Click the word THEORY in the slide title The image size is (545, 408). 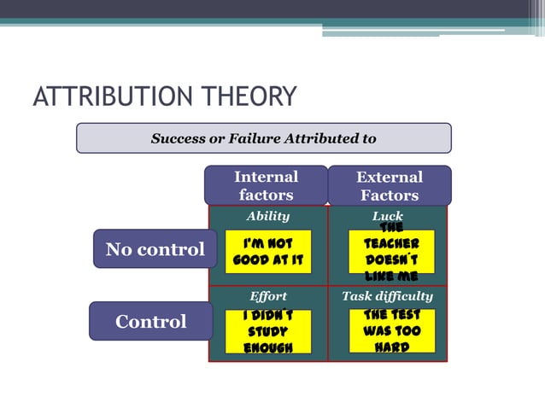(x=257, y=96)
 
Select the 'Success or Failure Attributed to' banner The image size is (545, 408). (x=263, y=138)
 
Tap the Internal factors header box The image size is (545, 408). (x=266, y=185)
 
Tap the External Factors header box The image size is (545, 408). (x=390, y=185)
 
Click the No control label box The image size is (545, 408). (x=155, y=249)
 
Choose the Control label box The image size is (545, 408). (x=150, y=322)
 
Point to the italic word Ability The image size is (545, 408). (x=268, y=217)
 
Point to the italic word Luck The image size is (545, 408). (x=387, y=217)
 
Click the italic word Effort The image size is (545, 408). (x=268, y=297)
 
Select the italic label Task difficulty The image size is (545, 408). (x=387, y=297)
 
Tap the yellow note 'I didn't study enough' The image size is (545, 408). (x=268, y=332)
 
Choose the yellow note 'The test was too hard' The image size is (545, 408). (x=391, y=331)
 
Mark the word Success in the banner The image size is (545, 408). (x=179, y=138)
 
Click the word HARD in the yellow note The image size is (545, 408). (x=391, y=347)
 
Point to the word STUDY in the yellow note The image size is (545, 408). (x=268, y=331)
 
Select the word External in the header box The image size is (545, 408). (x=390, y=178)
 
